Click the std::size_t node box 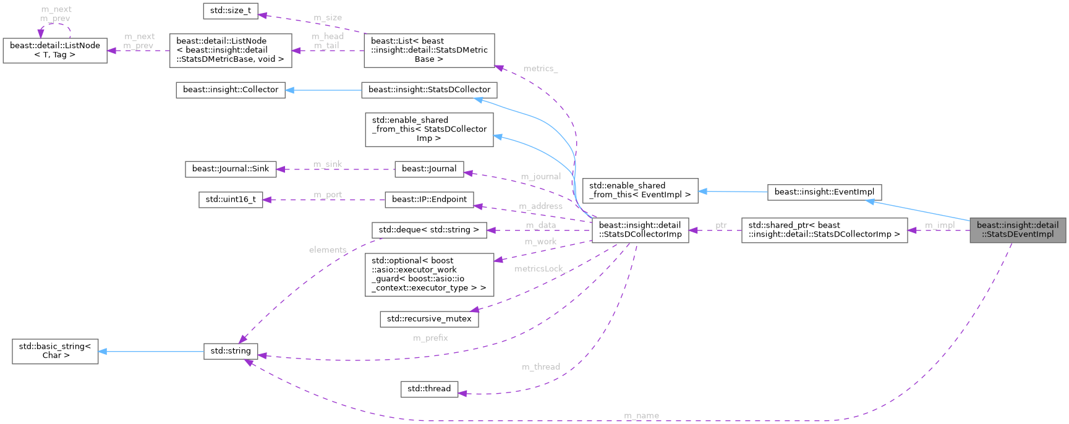click(231, 11)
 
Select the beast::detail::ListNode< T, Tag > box click(55, 50)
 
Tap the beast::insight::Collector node click(231, 90)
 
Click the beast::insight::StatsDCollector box click(429, 90)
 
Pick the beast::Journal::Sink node click(230, 169)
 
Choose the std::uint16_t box click(230, 200)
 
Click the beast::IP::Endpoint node click(429, 200)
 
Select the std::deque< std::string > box click(428, 230)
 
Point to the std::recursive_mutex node click(428, 319)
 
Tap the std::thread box click(429, 389)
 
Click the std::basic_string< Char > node click(55, 351)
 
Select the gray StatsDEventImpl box click(1017, 230)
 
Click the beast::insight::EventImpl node click(824, 192)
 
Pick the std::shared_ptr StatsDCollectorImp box click(824, 230)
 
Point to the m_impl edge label click(939, 225)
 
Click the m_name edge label click(641, 415)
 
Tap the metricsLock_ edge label click(539, 269)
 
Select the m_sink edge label click(327, 164)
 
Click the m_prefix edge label click(430, 338)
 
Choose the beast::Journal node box click(429, 169)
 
